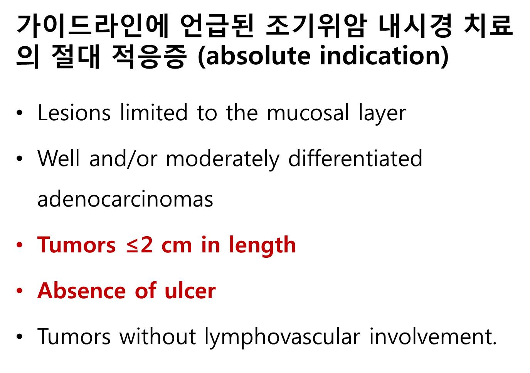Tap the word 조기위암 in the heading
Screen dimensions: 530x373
[316, 26]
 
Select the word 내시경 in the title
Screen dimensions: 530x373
[415, 26]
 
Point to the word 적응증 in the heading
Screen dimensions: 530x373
[149, 57]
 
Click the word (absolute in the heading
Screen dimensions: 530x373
[253, 56]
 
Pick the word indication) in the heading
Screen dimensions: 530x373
[384, 56]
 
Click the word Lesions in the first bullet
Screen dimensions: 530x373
[74, 113]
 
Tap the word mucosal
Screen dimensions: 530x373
[308, 113]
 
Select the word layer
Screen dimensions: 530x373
[382, 115]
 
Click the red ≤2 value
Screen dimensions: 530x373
[140, 245]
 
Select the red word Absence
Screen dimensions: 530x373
[81, 291]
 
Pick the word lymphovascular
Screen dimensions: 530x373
[283, 338]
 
